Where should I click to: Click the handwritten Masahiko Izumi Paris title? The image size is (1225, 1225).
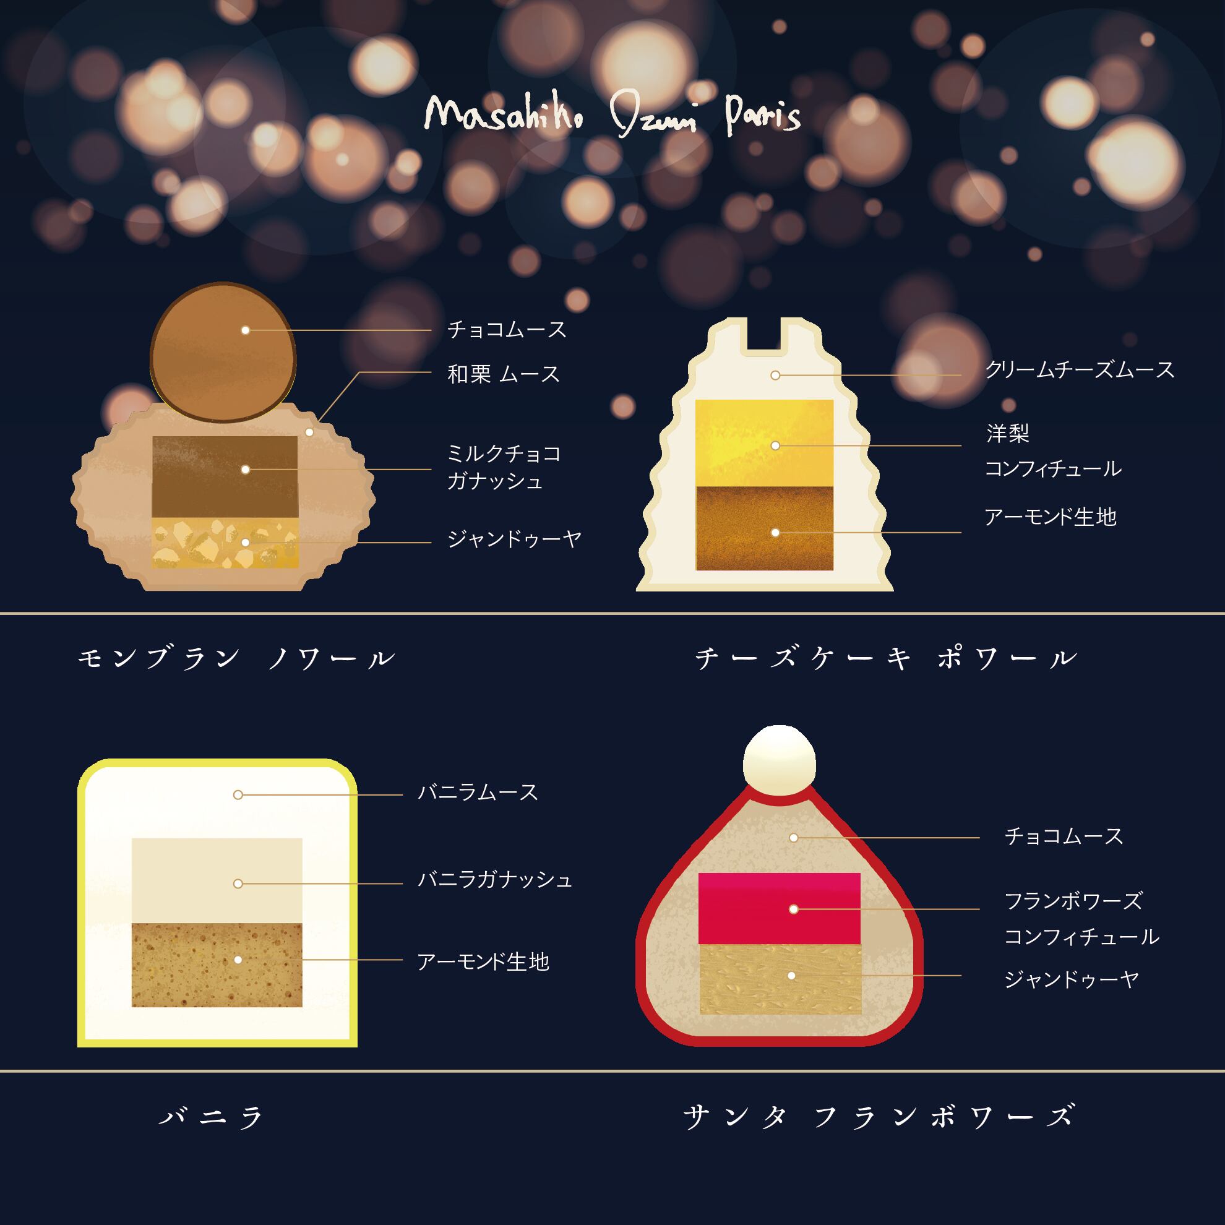coord(612,116)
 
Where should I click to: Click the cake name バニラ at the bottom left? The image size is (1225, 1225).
coord(211,1133)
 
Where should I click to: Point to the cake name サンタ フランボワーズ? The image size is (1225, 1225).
coord(879,1133)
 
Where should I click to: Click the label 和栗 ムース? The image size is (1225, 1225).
coord(504,374)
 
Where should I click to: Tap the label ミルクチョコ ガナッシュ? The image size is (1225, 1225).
coord(504,467)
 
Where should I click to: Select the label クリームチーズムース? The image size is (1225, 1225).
coord(1079,369)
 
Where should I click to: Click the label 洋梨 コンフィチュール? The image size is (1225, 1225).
coord(1052,452)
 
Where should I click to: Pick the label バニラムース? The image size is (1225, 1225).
coord(478,793)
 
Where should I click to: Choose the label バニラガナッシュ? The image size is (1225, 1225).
coord(494,880)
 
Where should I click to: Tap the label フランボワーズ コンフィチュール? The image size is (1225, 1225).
coord(1081,919)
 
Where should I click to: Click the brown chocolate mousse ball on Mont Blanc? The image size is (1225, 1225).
coord(223,352)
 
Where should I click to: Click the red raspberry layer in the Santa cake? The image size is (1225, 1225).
coord(780,908)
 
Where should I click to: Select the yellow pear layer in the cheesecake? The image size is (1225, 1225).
coord(764,442)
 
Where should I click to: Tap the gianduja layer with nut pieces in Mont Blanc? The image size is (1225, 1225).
coord(225,543)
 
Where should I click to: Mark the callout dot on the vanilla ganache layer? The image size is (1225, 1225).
coord(238,884)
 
